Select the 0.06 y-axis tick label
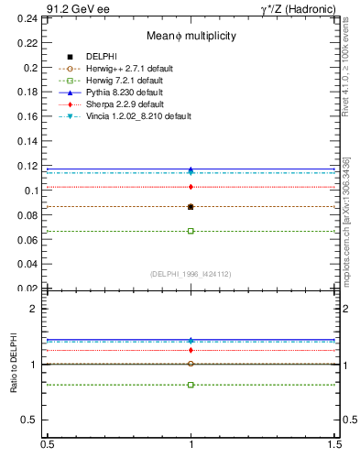click(x=28, y=240)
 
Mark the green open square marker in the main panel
click(x=191, y=231)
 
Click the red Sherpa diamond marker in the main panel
click(x=191, y=187)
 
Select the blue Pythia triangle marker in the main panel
click(x=191, y=169)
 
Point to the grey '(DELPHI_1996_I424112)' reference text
click(x=191, y=274)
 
